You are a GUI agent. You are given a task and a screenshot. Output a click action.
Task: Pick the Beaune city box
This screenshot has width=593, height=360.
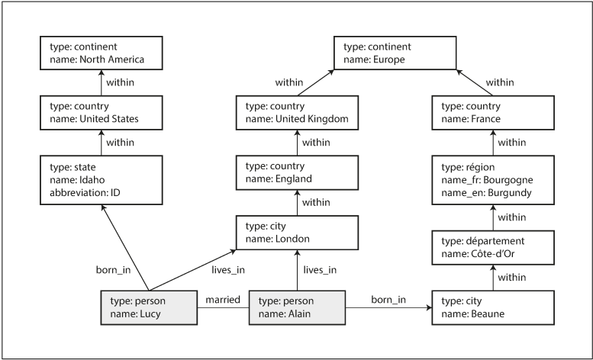pos(492,307)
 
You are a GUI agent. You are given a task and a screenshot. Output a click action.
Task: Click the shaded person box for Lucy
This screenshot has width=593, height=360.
pos(144,307)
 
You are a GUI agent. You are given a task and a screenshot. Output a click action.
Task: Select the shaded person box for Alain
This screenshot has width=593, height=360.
pos(297,307)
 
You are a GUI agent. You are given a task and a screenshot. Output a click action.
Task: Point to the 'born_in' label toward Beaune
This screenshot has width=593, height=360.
pos(388,298)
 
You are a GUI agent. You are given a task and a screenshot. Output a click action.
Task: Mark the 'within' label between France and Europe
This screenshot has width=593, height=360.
pos(500,82)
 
